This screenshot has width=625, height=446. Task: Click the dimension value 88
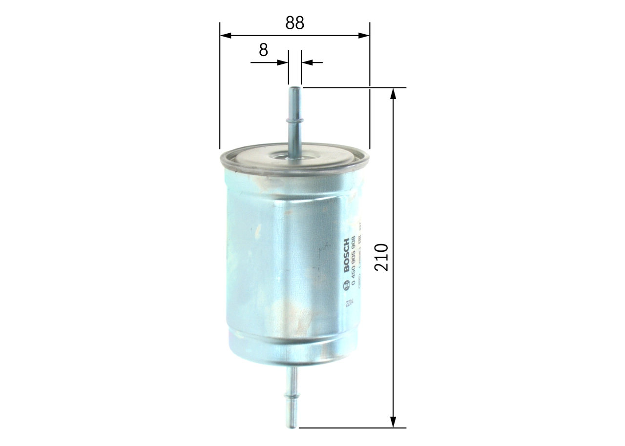pos(295,23)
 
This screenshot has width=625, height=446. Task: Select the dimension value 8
pos(264,50)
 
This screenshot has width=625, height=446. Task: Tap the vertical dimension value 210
pos(381,257)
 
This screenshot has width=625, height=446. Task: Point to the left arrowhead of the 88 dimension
pos(226,35)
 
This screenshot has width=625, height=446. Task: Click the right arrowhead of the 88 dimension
pos(364,35)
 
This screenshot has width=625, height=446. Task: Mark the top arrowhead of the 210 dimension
pos(394,94)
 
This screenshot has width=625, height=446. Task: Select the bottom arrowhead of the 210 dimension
pos(394,422)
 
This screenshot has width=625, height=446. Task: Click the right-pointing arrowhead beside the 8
pos(282,62)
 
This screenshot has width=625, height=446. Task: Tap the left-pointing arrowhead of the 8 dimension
pos(307,62)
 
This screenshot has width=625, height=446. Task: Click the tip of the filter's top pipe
pos(294,89)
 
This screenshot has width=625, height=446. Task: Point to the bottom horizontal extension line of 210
pos(352,428)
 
